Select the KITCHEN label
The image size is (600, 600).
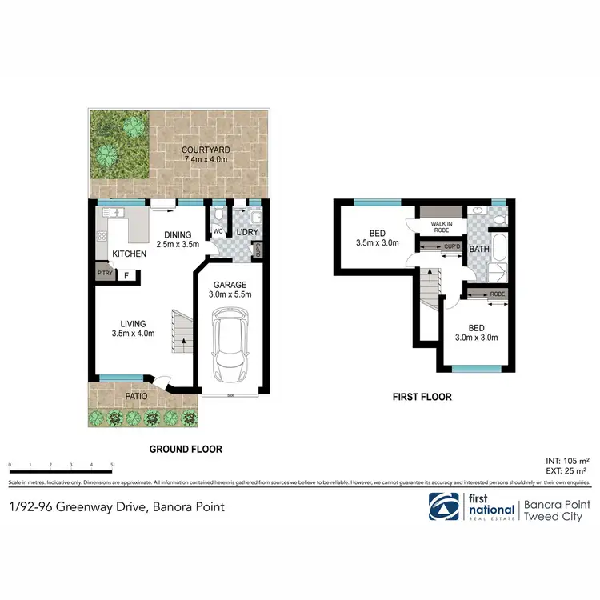click(128, 253)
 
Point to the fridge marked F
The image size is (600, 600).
click(126, 276)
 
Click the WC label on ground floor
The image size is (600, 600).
click(217, 232)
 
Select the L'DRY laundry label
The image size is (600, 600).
click(246, 232)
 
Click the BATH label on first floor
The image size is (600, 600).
click(478, 250)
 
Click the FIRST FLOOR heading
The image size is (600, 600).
click(422, 397)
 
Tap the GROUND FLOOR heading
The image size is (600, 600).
click(186, 450)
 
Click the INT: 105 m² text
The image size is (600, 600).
click(568, 462)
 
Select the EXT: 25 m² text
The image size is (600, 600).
click(570, 471)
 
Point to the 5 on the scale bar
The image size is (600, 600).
click(112, 464)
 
